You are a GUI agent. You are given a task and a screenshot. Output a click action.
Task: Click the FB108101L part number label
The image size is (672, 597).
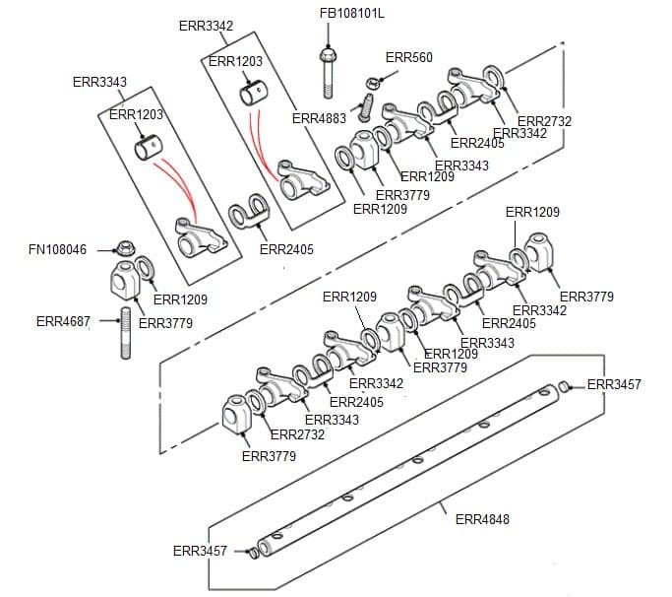click(352, 14)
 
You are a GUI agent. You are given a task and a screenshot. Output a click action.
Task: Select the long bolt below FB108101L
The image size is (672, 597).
click(327, 69)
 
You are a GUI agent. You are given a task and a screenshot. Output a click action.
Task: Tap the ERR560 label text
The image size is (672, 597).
click(408, 58)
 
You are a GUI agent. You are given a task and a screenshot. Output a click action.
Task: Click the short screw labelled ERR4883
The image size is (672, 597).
click(368, 104)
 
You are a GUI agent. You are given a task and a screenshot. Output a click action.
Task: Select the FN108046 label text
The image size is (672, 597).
click(57, 250)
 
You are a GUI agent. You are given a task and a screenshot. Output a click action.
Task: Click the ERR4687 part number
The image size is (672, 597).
click(63, 321)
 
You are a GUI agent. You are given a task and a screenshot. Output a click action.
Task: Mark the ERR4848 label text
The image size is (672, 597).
click(482, 519)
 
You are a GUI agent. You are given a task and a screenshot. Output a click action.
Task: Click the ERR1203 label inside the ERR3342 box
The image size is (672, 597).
click(235, 61)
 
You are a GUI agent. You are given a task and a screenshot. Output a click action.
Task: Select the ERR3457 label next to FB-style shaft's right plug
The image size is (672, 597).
click(613, 384)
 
